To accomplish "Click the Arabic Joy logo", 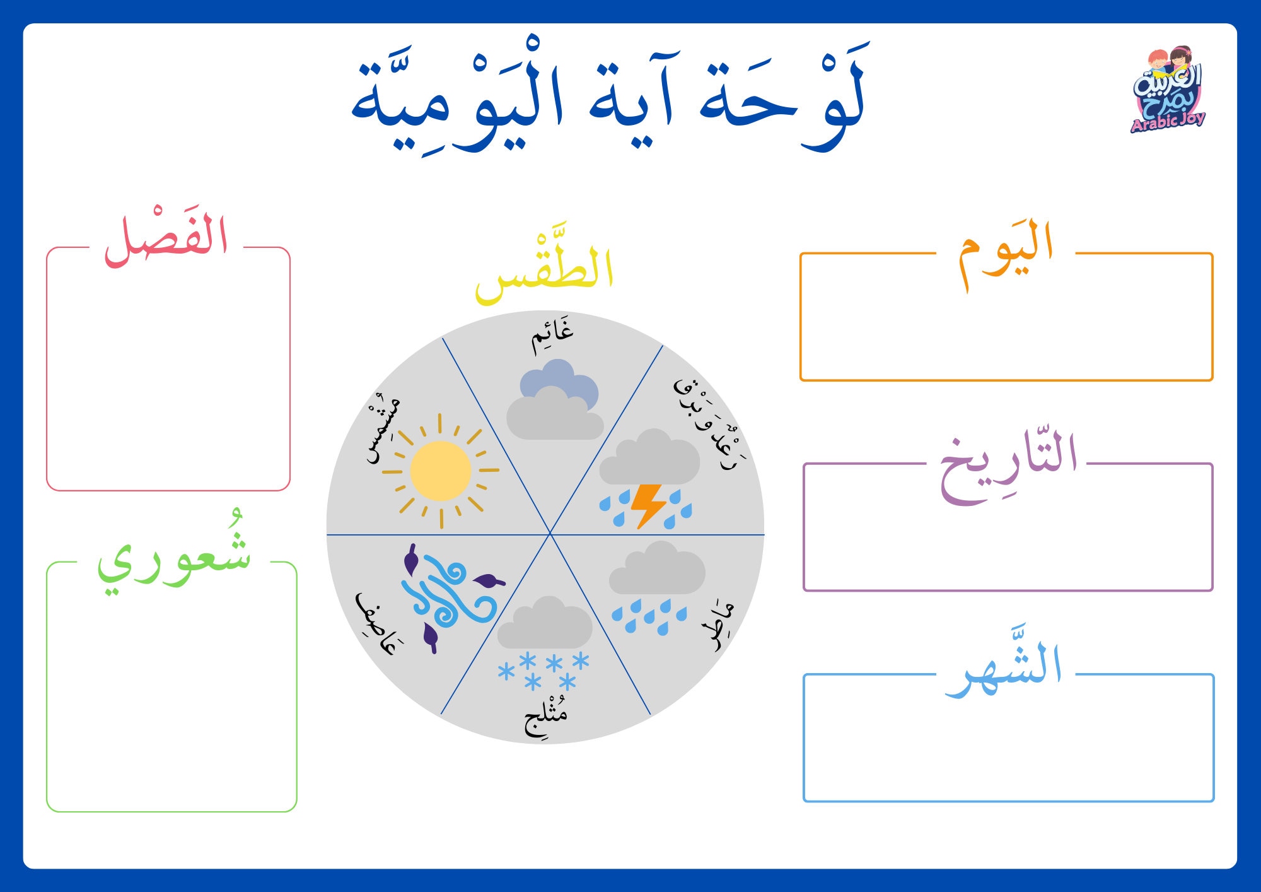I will [1168, 90].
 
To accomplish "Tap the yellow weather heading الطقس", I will [545, 267].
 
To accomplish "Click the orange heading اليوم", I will [1005, 251].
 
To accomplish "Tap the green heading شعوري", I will [174, 560].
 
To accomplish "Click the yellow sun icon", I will [440, 471].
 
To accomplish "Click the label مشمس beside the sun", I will [383, 429].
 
